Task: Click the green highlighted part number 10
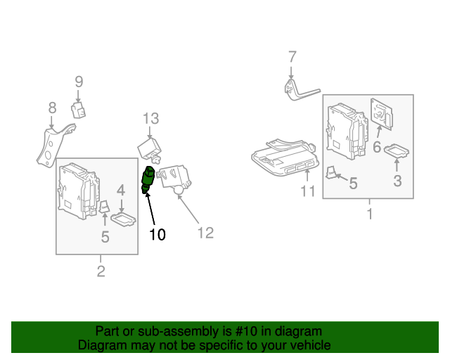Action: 148,179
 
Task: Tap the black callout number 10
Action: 157,234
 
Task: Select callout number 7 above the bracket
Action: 292,57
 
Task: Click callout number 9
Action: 79,82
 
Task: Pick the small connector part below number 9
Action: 78,110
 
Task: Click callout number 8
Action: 52,108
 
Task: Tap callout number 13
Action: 150,118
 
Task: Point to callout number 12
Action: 205,233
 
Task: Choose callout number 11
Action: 308,191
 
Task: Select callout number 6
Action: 377,147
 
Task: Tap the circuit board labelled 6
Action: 381,115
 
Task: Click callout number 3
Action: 397,181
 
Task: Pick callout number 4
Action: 121,190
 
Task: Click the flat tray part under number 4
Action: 124,219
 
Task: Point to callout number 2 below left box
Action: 101,271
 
